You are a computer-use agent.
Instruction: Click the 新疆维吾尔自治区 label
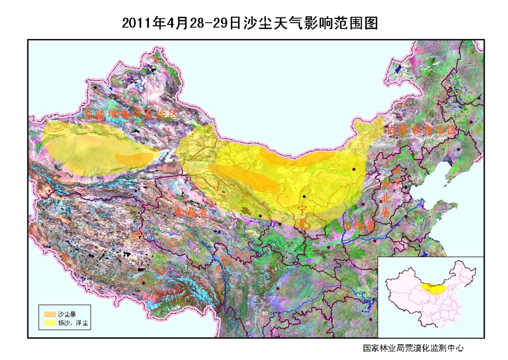tap(131, 114)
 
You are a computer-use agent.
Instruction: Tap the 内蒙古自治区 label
tap(422, 130)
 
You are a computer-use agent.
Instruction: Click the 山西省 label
tap(359, 225)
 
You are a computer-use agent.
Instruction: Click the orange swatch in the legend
tap(50, 314)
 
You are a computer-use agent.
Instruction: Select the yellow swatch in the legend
tap(50, 322)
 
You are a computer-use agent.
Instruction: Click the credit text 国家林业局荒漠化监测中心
tap(413, 348)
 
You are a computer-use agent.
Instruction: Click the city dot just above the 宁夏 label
tap(304, 196)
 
